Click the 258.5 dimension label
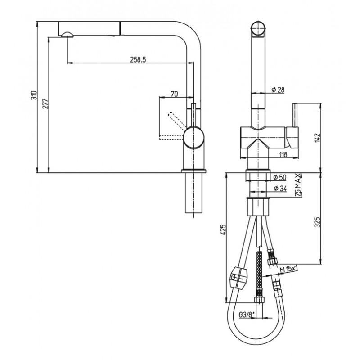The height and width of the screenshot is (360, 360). coord(138,59)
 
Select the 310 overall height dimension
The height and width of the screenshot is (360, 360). coord(34,95)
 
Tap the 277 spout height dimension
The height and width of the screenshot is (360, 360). coord(46,103)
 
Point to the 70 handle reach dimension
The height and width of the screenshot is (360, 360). coord(175,94)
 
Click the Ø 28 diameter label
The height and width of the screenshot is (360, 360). coord(278,90)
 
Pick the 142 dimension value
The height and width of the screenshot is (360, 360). coord(317,138)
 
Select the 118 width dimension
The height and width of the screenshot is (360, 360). coord(283,154)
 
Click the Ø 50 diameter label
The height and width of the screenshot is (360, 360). coord(280,177)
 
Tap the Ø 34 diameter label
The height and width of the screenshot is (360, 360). coord(280,189)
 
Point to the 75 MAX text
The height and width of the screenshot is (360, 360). coord(298,185)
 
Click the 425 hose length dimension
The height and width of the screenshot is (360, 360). coord(223,229)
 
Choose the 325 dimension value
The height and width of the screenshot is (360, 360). coord(317,222)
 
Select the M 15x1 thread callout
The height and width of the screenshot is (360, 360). coord(289,269)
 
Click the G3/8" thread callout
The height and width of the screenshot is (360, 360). coord(247,315)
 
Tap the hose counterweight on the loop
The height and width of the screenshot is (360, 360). coord(239,277)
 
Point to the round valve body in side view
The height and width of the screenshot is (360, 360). coord(194,138)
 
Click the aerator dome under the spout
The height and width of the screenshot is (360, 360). coord(67,35)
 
